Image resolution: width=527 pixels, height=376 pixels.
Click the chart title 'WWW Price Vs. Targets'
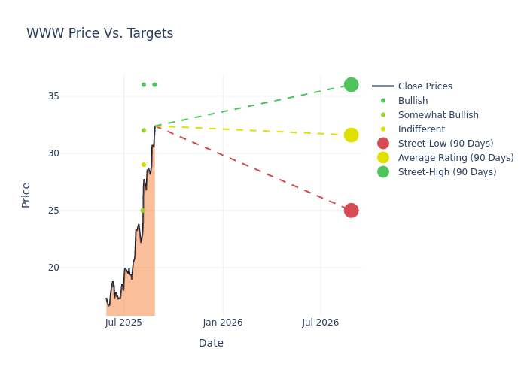[99, 34]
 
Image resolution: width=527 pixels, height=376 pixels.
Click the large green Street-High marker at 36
[351, 85]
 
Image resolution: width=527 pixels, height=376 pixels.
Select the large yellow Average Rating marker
[351, 135]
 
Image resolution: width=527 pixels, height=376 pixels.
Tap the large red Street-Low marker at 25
[351, 211]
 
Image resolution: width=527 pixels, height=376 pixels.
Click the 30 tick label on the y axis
[73, 153]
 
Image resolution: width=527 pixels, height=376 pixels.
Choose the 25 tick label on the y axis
[73, 211]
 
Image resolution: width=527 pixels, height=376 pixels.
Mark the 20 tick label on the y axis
[73, 268]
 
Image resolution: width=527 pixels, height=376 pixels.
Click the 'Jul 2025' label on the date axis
[123, 323]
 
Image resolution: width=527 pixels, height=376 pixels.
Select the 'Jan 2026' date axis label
[223, 323]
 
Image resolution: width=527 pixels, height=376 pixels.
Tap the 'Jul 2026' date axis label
[320, 323]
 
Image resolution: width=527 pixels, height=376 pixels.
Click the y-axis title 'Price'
[26, 195]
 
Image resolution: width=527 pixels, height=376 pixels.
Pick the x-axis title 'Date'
[211, 344]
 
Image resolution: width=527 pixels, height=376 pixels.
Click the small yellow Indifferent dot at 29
[144, 165]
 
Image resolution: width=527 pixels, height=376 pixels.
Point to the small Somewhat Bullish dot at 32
[144, 131]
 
